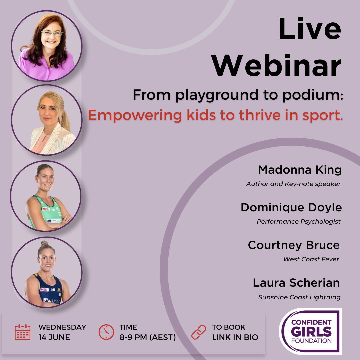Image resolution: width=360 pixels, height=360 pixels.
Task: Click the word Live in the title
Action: point(310,29)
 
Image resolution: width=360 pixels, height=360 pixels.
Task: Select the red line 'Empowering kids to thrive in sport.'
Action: point(215,115)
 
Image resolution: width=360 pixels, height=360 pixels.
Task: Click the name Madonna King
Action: point(300,170)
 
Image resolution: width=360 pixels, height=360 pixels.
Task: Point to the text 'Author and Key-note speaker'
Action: point(293,184)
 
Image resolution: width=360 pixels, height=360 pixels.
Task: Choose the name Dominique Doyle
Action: point(291,207)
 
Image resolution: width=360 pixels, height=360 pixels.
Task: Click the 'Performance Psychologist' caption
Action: point(298,222)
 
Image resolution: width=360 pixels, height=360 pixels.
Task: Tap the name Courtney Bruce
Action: point(294,245)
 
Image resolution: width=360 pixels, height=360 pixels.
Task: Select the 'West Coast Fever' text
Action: point(311,259)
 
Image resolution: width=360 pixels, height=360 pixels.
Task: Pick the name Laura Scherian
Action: point(296,283)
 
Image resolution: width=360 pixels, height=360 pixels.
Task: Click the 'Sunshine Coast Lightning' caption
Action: point(299,297)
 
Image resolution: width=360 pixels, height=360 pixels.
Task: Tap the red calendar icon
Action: point(23,332)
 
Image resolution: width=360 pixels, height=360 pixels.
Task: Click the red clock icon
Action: point(106,332)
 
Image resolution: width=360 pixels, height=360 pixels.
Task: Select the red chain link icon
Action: point(199,332)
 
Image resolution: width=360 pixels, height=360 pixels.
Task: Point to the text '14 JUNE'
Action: point(54,337)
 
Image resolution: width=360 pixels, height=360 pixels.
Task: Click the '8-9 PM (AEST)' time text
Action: point(148,337)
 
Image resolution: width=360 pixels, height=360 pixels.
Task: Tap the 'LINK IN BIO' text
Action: point(235,337)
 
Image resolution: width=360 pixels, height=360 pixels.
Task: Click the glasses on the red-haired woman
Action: point(52,33)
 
